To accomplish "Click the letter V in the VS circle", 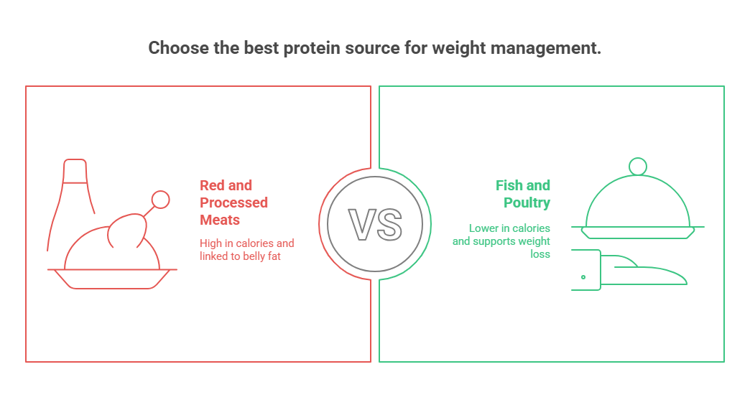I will [361, 224].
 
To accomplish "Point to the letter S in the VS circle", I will [389, 224].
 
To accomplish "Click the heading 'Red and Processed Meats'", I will [234, 202].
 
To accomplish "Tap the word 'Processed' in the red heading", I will [234, 202].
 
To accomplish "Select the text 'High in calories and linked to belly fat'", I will [246, 249].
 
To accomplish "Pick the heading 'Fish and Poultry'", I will [523, 194].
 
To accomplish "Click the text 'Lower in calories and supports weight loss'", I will [501, 241].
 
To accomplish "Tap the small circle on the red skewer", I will [161, 200].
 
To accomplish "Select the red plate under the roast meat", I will [112, 278].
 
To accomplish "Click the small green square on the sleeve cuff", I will [583, 276].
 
